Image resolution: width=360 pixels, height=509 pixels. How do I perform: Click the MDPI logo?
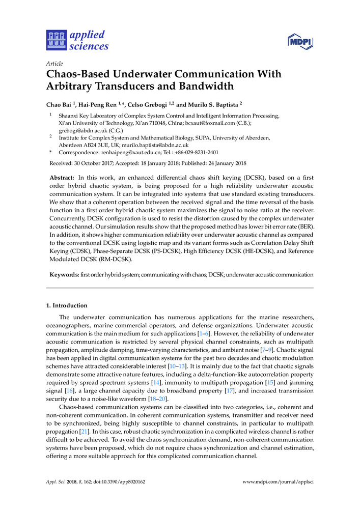[x=300, y=41]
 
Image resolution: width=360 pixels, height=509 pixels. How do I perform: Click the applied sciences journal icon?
[x=57, y=40]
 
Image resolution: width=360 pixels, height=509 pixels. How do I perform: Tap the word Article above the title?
[x=54, y=64]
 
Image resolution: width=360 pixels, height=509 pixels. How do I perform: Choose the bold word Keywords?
[x=64, y=274]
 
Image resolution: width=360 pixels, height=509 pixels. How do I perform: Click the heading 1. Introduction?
[x=67, y=305]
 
